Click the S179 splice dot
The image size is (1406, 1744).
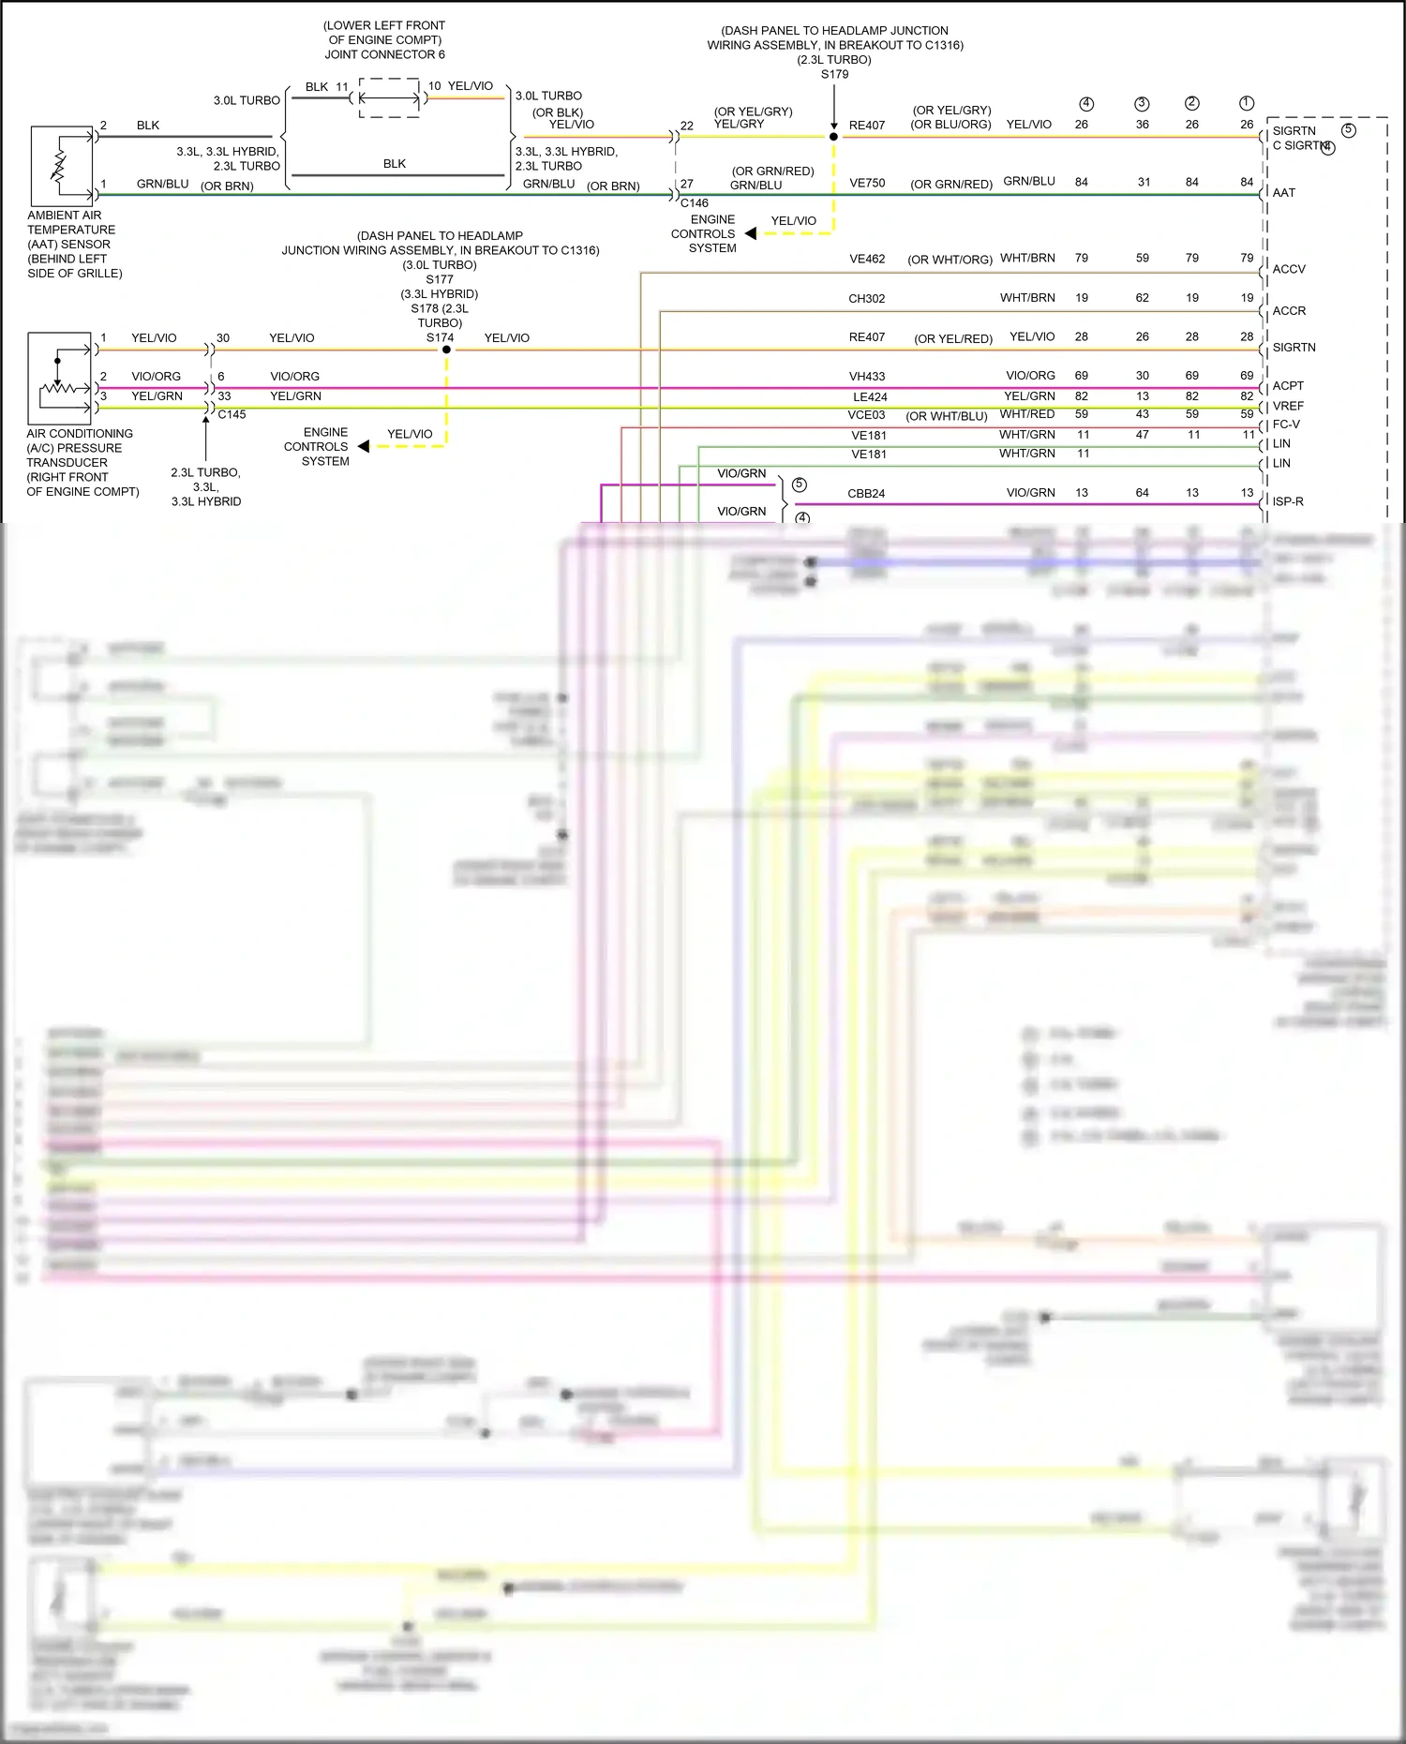(x=833, y=137)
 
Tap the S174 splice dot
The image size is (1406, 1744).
(x=447, y=350)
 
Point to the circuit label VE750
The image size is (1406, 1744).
(x=867, y=184)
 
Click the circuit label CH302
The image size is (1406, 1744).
(x=866, y=299)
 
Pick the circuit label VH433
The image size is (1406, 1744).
(x=867, y=377)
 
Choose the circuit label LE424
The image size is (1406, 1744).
(x=870, y=397)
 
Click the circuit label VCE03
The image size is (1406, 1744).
(x=866, y=415)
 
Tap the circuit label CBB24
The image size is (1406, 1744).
(x=866, y=494)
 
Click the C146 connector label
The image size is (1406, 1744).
(x=695, y=203)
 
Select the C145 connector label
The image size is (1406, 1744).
(x=232, y=415)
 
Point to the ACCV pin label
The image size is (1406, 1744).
(x=1289, y=270)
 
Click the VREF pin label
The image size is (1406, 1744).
(x=1288, y=407)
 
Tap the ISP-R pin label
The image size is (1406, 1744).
(x=1288, y=502)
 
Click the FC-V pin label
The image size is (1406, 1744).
(x=1286, y=425)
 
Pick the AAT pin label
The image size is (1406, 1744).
(x=1284, y=193)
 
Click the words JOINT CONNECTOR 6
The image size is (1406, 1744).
(x=384, y=55)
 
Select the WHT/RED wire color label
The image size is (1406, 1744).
(x=1027, y=414)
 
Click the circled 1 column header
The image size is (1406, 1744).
(x=1247, y=104)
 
